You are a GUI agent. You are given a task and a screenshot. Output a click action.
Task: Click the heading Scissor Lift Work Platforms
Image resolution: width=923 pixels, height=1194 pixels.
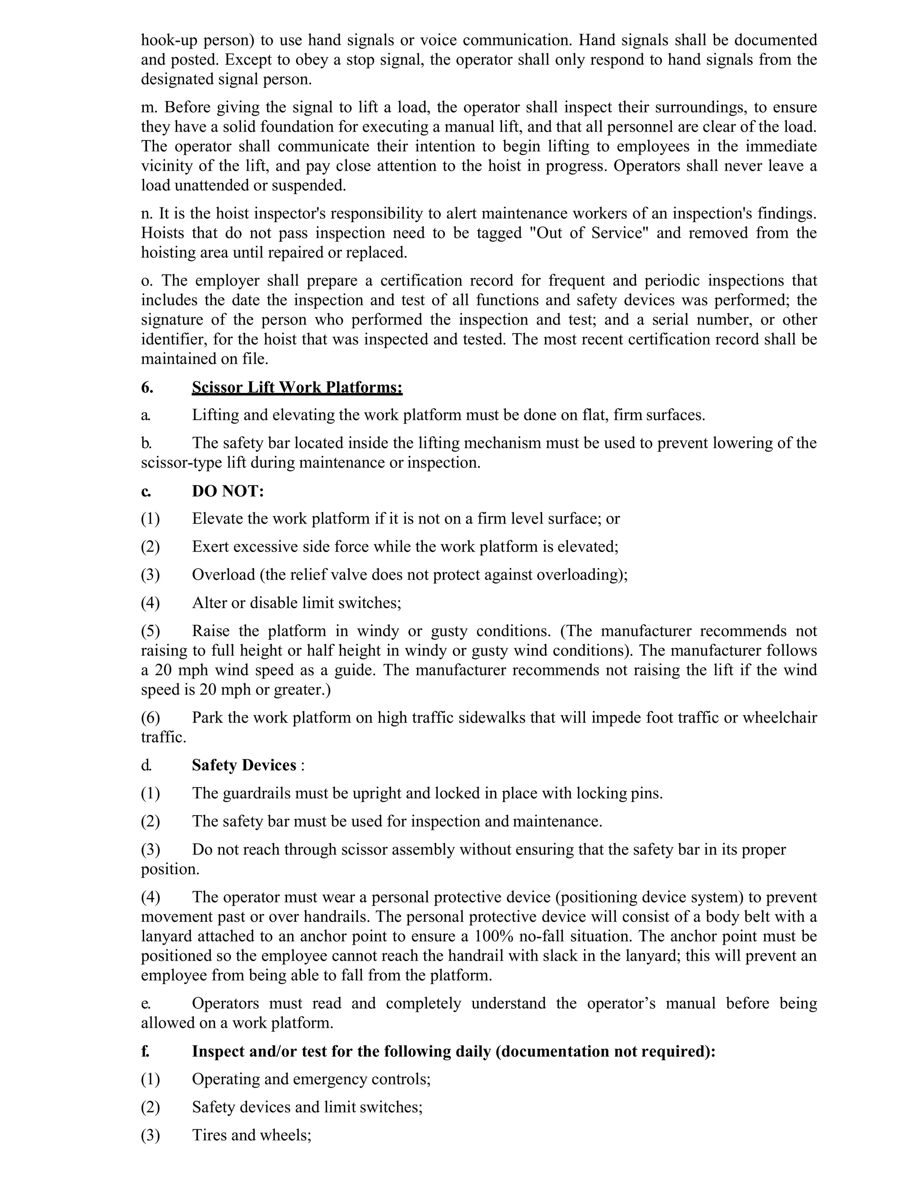(x=297, y=387)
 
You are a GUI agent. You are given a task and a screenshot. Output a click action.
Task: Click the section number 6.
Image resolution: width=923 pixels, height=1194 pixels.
(x=147, y=387)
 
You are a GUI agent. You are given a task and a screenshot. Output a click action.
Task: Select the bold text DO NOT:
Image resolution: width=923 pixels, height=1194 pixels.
(x=228, y=491)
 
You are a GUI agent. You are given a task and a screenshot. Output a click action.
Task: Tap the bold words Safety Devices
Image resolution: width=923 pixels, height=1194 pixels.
(x=244, y=765)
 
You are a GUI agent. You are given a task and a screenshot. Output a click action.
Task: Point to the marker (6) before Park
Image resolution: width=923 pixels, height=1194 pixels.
(x=151, y=717)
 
